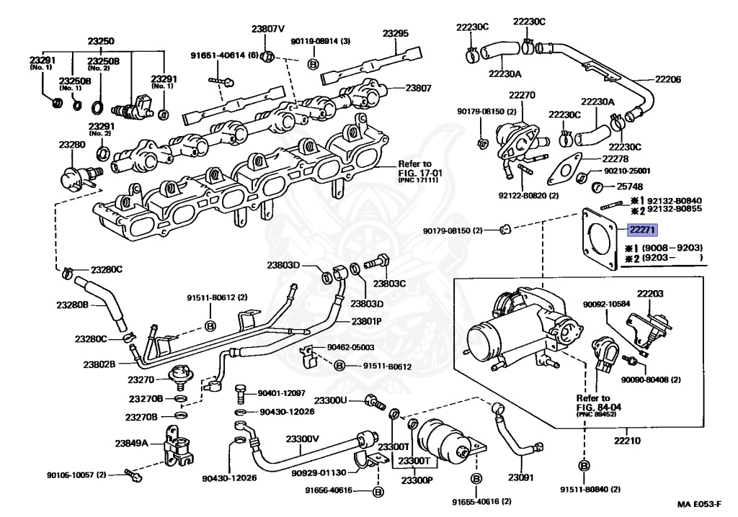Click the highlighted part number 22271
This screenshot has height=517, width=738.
(642, 230)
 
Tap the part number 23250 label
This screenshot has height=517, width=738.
(101, 41)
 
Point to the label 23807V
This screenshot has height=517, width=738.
(268, 30)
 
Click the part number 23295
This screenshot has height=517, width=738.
(395, 33)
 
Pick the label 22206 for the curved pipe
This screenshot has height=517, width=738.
(667, 79)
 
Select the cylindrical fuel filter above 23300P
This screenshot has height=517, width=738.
(440, 436)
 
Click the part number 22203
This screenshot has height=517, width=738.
(649, 294)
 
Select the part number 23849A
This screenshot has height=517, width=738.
(131, 444)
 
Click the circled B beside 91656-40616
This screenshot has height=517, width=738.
(378, 492)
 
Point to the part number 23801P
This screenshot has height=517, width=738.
(367, 321)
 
